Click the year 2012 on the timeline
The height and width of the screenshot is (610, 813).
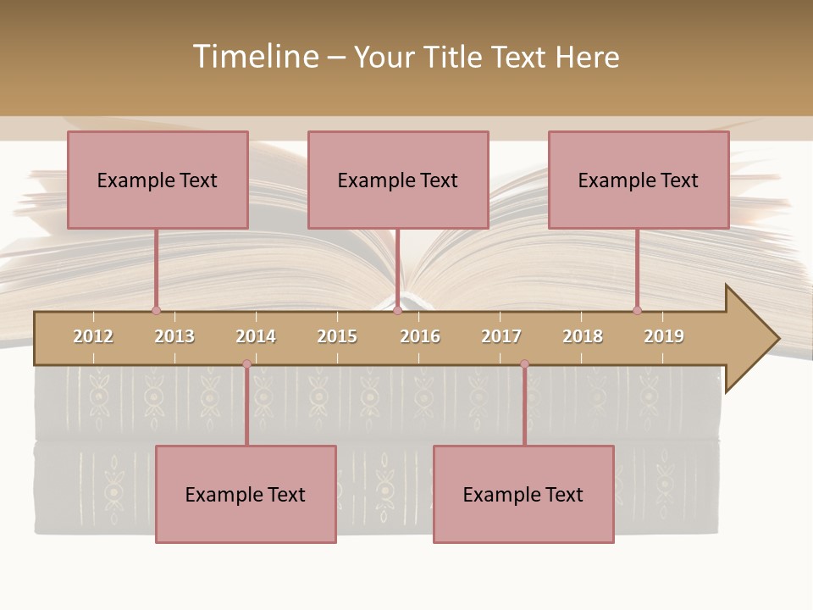[x=93, y=336]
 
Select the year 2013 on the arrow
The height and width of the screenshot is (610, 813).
[x=174, y=336]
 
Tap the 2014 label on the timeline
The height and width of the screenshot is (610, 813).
[x=256, y=336]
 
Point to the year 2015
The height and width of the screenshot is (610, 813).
[x=337, y=336]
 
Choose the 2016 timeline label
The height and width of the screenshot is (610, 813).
[x=420, y=336]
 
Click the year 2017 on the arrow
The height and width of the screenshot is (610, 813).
[x=501, y=336]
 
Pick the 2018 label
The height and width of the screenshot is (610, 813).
[x=583, y=336]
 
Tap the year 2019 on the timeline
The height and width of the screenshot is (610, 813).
[x=664, y=336]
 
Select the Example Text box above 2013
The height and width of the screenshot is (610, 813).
[x=158, y=180]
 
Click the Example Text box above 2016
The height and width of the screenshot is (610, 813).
[x=398, y=180]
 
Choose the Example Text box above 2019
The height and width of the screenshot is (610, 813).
[x=639, y=180]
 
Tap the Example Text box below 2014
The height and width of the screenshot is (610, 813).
[x=246, y=494]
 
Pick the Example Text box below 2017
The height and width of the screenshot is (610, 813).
[x=523, y=494]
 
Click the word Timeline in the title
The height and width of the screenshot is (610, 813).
[x=255, y=57]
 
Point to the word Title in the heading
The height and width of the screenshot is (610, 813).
[x=455, y=57]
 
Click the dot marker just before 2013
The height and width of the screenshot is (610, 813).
[x=156, y=310]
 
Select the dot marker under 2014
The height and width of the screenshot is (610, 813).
[x=246, y=363]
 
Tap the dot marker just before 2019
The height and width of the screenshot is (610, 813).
[x=637, y=310]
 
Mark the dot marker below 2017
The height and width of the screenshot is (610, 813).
[x=524, y=363]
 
